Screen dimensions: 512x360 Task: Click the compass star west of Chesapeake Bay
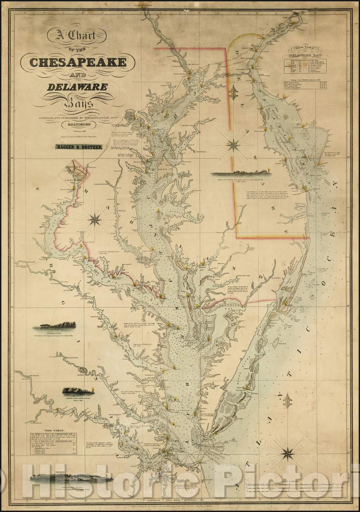[x=96, y=219]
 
